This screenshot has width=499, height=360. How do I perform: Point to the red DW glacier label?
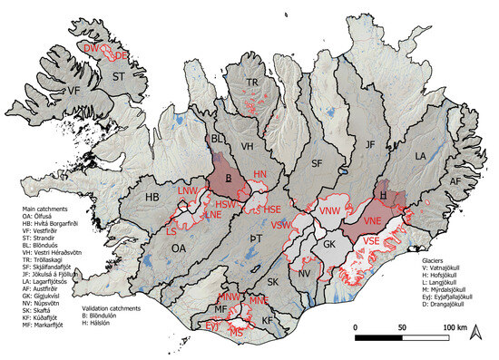(90, 46)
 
